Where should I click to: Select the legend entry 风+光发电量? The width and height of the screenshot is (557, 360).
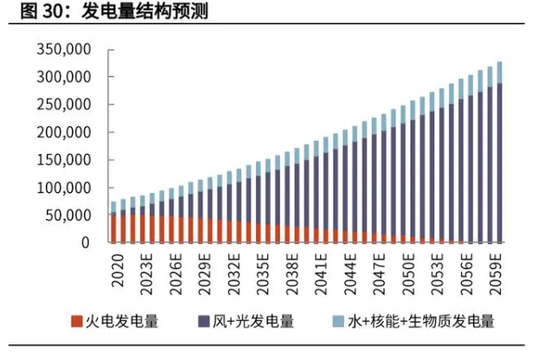point(251,322)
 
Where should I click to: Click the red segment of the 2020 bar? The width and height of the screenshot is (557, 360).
point(113,228)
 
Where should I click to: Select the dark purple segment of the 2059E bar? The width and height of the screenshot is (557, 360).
point(499,164)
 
